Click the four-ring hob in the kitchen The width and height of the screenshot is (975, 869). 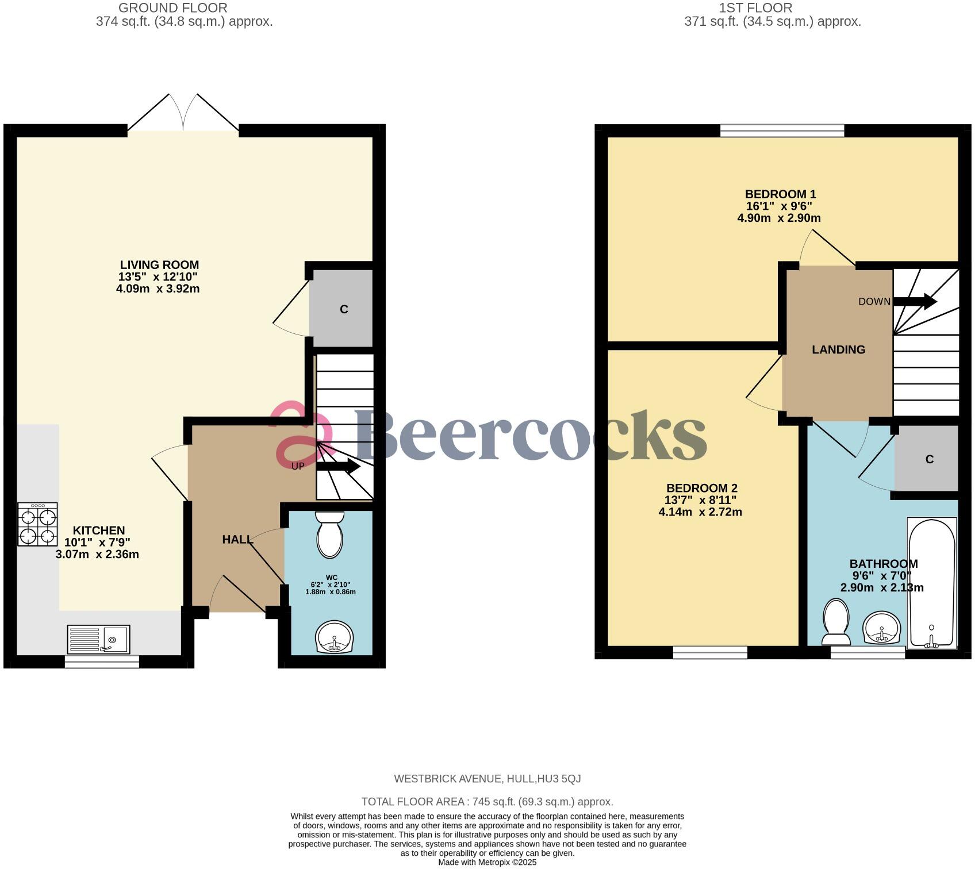tap(37, 524)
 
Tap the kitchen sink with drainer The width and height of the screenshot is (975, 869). tap(99, 639)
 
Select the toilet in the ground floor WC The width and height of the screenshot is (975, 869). tap(330, 535)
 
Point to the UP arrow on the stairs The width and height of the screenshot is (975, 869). tap(337, 467)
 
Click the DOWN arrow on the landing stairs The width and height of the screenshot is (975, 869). tap(915, 301)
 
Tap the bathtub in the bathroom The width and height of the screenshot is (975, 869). tap(931, 583)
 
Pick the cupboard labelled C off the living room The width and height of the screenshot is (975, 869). tap(342, 309)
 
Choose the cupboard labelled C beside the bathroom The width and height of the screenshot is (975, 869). tap(927, 459)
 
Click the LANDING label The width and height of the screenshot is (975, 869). tap(838, 349)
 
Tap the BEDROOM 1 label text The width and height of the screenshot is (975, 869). tap(780, 194)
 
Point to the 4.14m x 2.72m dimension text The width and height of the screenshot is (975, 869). tap(700, 512)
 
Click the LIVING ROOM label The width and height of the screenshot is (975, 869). tap(159, 265)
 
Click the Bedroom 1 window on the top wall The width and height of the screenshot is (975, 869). tap(782, 131)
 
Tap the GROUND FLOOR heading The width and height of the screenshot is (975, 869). tap(172, 8)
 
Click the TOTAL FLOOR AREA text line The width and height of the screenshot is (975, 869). tap(487, 802)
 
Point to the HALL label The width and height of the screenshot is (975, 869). tap(237, 540)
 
